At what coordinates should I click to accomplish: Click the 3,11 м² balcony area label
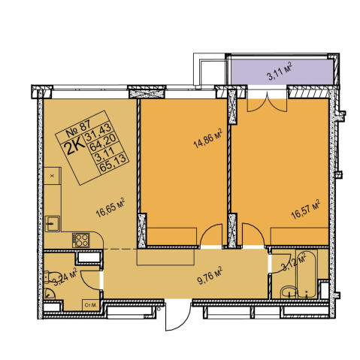pos(280,71)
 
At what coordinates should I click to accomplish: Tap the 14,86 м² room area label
pos(208,138)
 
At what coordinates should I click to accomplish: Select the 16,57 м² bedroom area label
pos(306,210)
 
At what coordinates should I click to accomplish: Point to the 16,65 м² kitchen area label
pos(110,207)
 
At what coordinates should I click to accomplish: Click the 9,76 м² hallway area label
pos(210,276)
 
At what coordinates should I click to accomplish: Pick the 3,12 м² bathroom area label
pos(294,262)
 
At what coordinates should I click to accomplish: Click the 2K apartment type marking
pos(75,148)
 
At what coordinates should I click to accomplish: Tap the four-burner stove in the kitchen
pos(80,240)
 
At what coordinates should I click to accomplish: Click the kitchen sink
pos(52,224)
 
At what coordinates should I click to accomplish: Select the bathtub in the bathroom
pos(307,274)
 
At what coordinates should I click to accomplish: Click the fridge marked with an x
pos(53,176)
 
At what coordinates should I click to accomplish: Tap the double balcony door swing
pos(267,105)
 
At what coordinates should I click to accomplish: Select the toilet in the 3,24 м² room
pos(49,278)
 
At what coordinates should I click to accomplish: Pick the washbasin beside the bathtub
pos(289,292)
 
